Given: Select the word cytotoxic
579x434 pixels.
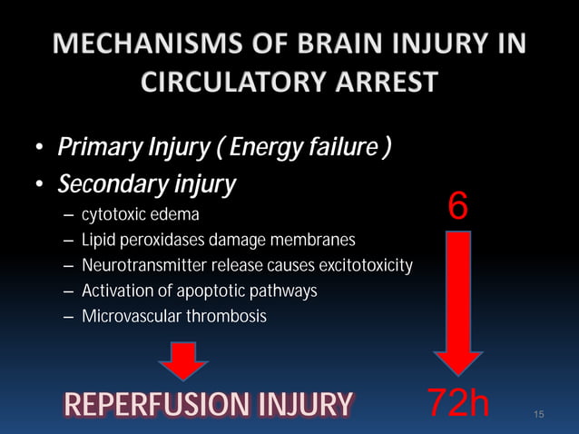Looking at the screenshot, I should click(111, 216).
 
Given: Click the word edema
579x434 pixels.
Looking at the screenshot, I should click(173, 216).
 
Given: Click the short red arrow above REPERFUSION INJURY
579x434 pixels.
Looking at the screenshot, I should click(183, 360).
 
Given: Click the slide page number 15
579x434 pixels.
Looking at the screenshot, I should click(539, 416).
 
